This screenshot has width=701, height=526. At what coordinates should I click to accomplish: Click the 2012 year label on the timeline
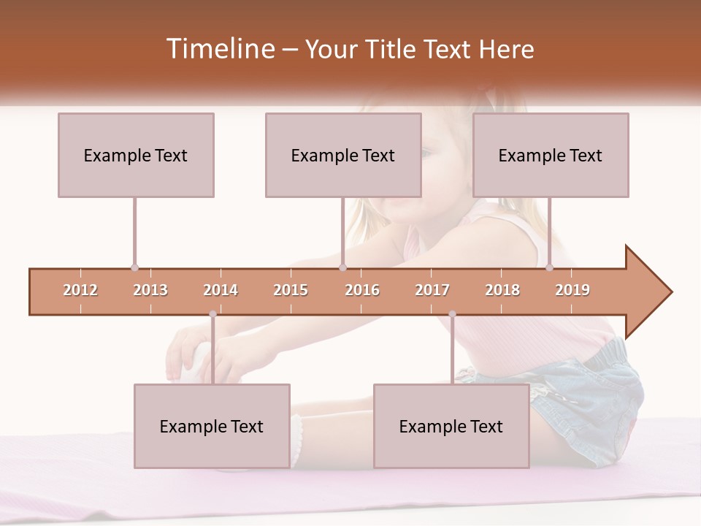(80, 290)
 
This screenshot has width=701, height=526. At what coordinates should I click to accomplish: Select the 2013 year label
(150, 290)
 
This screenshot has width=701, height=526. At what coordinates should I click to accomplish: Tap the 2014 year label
(221, 290)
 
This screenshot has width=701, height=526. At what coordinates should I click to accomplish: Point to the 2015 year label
(291, 290)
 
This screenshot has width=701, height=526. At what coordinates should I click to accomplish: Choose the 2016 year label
(362, 290)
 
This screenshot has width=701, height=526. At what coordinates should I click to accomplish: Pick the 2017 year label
(432, 290)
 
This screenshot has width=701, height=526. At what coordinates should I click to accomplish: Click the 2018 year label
(502, 290)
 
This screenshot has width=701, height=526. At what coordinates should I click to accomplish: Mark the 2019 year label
(572, 290)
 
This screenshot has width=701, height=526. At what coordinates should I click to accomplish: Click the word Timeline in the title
(218, 49)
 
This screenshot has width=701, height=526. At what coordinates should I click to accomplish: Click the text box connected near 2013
(136, 155)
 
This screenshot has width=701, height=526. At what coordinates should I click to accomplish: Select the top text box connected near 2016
(343, 155)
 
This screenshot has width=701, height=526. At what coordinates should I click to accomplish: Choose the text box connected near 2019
(551, 155)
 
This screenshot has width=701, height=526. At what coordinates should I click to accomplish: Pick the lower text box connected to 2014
(212, 426)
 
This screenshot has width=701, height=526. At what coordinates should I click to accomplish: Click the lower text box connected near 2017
(451, 426)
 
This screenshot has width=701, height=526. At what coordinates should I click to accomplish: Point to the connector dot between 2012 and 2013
(134, 268)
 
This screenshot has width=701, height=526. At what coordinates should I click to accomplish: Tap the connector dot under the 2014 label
(212, 314)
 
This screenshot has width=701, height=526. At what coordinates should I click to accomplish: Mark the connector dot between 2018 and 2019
(549, 268)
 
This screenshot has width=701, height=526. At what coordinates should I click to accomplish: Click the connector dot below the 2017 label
(452, 314)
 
